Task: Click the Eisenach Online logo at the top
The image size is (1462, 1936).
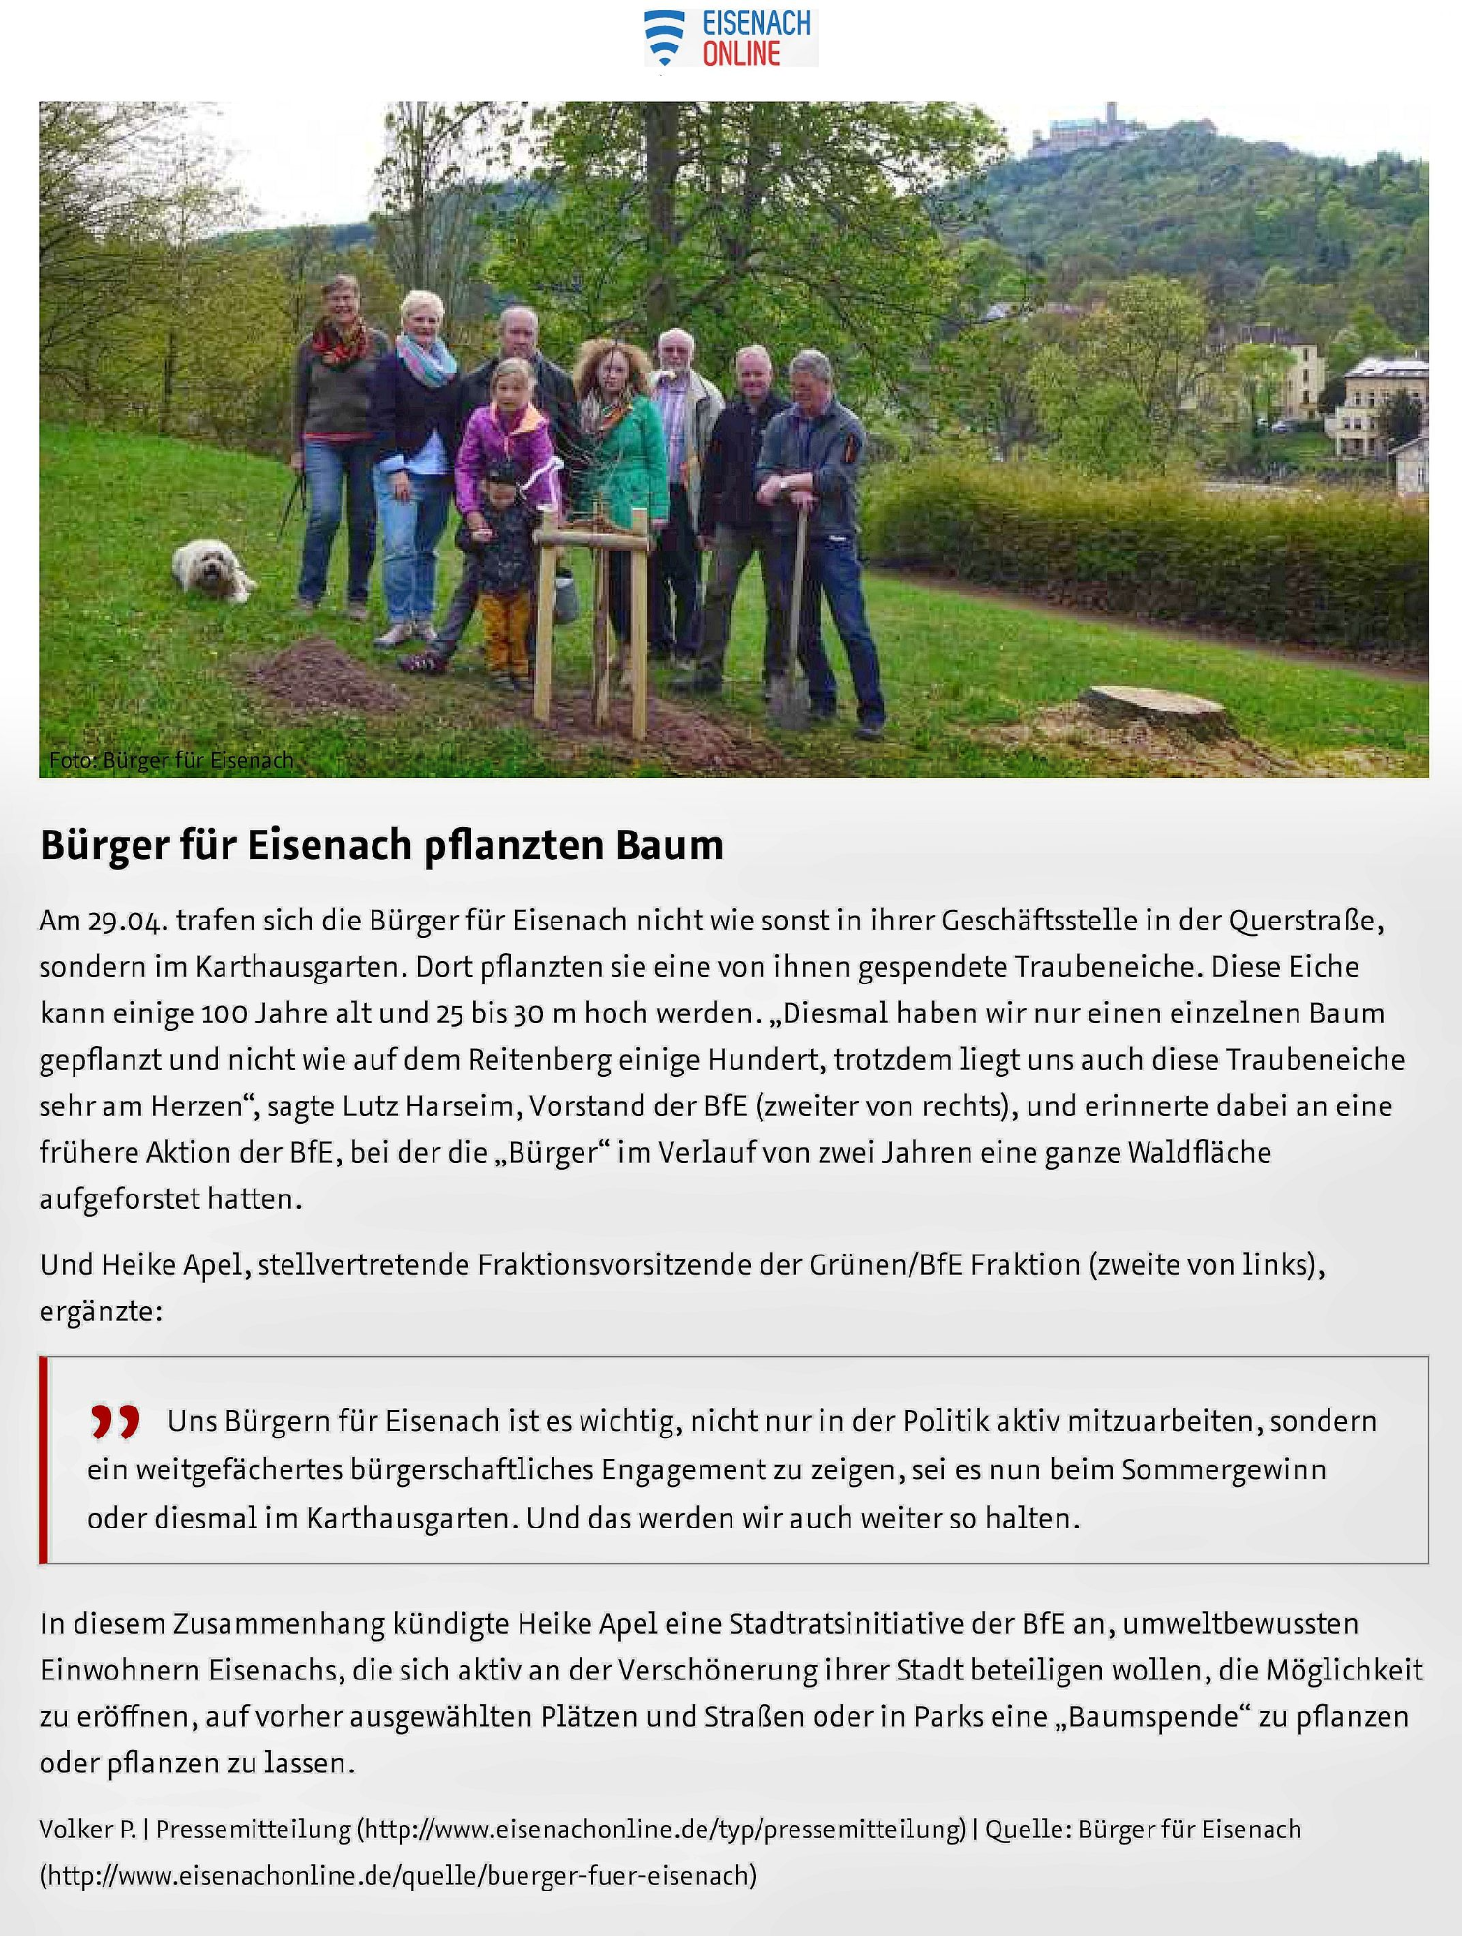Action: click(731, 39)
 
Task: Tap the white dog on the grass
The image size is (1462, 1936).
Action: click(212, 570)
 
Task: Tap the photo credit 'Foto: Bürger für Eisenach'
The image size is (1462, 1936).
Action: click(171, 761)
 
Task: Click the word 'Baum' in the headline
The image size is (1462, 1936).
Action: click(670, 845)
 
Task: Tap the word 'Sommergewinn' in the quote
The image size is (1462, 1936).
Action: click(1223, 1470)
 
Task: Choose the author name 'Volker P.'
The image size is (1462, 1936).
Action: click(87, 1830)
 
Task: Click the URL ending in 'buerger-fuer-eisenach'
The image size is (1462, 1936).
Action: click(398, 1876)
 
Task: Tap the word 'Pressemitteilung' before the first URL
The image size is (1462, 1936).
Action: click(254, 1830)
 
